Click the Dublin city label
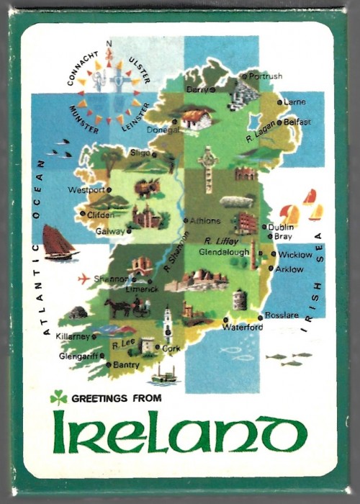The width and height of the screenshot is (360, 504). click(x=281, y=227)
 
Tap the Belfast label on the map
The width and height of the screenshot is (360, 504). click(x=297, y=122)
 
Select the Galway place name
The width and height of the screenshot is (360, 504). click(x=109, y=232)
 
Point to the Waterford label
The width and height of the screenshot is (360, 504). click(x=243, y=328)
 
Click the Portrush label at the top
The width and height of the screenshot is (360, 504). click(x=266, y=76)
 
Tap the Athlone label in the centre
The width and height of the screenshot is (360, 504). click(x=204, y=221)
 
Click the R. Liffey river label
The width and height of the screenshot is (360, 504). click(x=220, y=241)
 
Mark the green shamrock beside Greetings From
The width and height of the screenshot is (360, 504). click(x=58, y=397)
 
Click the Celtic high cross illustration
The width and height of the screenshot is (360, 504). click(x=208, y=168)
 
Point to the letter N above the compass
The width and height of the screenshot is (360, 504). click(x=109, y=43)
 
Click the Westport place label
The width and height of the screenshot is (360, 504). click(x=86, y=190)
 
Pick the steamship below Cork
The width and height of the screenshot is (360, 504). click(x=165, y=374)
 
